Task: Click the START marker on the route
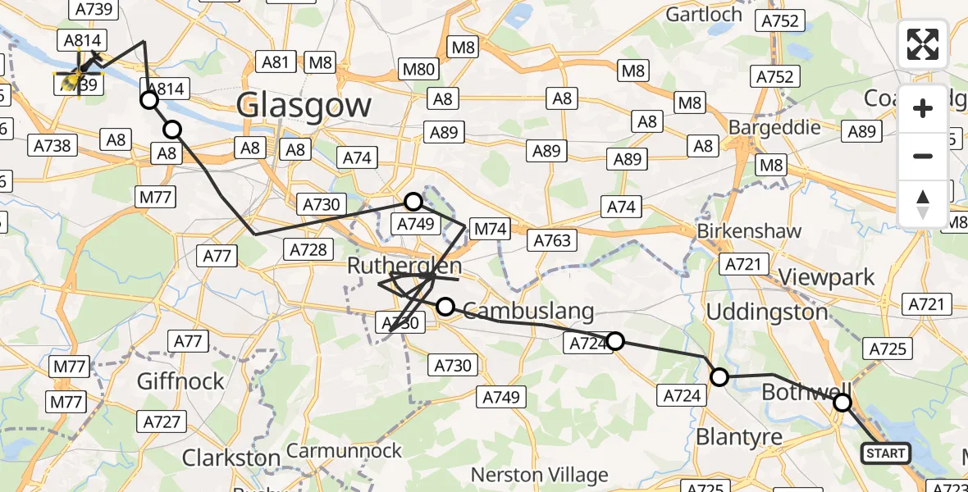(886, 453)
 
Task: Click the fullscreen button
(923, 44)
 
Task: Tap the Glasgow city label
(304, 105)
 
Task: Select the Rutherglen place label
(404, 266)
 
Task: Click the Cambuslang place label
(528, 311)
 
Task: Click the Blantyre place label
(739, 437)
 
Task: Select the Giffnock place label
(180, 381)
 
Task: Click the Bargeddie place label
(775, 128)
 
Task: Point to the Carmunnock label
(345, 451)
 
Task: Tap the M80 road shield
(418, 70)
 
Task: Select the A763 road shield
(553, 240)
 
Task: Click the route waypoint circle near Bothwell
(842, 403)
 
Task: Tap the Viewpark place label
(826, 277)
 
